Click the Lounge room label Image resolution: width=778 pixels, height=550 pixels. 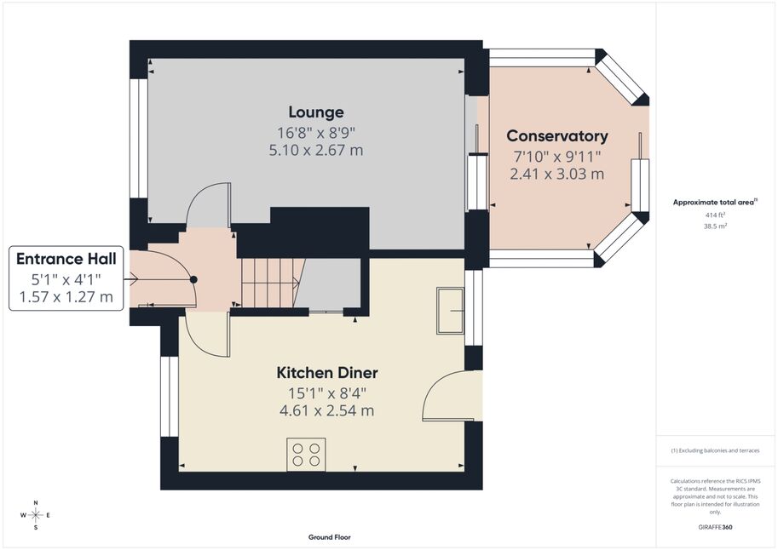point(316,112)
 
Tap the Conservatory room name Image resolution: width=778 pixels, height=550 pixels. point(557,136)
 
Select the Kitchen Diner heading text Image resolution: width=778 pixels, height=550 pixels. point(327,372)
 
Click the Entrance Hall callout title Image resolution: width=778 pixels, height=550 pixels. point(66,259)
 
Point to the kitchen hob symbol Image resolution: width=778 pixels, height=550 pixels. point(306,455)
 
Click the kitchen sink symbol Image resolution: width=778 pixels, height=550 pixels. point(451,311)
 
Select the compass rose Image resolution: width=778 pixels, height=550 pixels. point(36,515)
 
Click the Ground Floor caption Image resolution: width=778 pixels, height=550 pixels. point(330,537)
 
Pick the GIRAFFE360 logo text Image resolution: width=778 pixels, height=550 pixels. point(715,527)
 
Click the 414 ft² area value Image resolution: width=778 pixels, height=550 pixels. point(715,215)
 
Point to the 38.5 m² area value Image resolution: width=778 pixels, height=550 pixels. point(715,226)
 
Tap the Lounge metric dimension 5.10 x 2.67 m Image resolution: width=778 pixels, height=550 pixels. point(316,150)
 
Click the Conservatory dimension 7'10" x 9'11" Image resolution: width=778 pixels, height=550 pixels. point(557,157)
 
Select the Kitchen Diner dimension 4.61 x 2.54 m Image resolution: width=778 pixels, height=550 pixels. point(327,411)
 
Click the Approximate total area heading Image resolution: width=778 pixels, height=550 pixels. point(715,202)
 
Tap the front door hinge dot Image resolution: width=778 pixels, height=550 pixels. point(193,280)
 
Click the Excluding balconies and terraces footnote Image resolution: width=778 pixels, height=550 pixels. point(715,450)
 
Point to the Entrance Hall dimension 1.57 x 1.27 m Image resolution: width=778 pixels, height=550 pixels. point(66,297)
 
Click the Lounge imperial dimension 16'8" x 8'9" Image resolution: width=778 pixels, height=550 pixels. point(316,133)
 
